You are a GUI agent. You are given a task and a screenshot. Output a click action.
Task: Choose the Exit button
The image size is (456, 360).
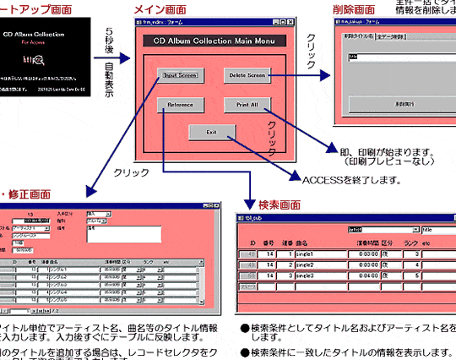tap(211, 132)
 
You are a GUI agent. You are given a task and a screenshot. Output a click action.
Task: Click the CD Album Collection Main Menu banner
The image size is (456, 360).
tap(214, 41)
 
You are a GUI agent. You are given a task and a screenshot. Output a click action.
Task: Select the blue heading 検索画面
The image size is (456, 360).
tap(280, 205)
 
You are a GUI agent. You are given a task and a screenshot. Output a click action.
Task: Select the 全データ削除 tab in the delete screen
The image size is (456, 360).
tap(393, 36)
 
